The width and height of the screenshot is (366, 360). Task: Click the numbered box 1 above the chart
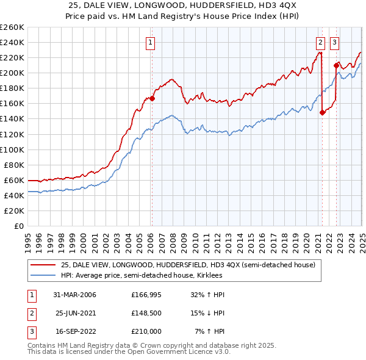click(151, 42)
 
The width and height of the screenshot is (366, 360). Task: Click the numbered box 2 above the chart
click(320, 42)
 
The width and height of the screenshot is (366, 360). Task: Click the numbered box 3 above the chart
click(335, 42)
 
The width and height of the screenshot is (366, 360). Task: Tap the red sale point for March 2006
click(152, 98)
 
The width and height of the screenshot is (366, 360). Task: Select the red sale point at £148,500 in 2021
click(322, 112)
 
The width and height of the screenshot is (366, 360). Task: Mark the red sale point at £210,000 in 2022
click(336, 65)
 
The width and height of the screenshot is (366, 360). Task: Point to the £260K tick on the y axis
click(12, 27)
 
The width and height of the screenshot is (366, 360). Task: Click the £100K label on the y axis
click(12, 149)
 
